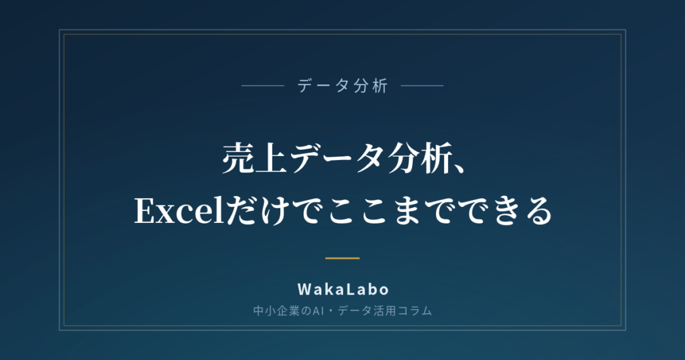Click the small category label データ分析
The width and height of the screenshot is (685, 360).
coord(342,86)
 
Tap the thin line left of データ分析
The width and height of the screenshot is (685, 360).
coord(263,86)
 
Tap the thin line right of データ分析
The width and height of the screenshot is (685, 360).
coord(422,86)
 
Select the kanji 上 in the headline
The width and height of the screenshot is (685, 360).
coord(272,159)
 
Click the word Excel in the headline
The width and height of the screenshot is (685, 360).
coord(180,211)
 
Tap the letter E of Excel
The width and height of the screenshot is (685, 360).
coord(145,211)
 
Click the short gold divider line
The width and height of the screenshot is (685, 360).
coord(342,258)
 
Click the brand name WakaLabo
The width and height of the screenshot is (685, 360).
coord(343,289)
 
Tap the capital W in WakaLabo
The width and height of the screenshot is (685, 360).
coord(304,289)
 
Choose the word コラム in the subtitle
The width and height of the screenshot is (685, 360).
coord(415,311)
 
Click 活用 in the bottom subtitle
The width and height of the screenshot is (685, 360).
coord(385,311)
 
